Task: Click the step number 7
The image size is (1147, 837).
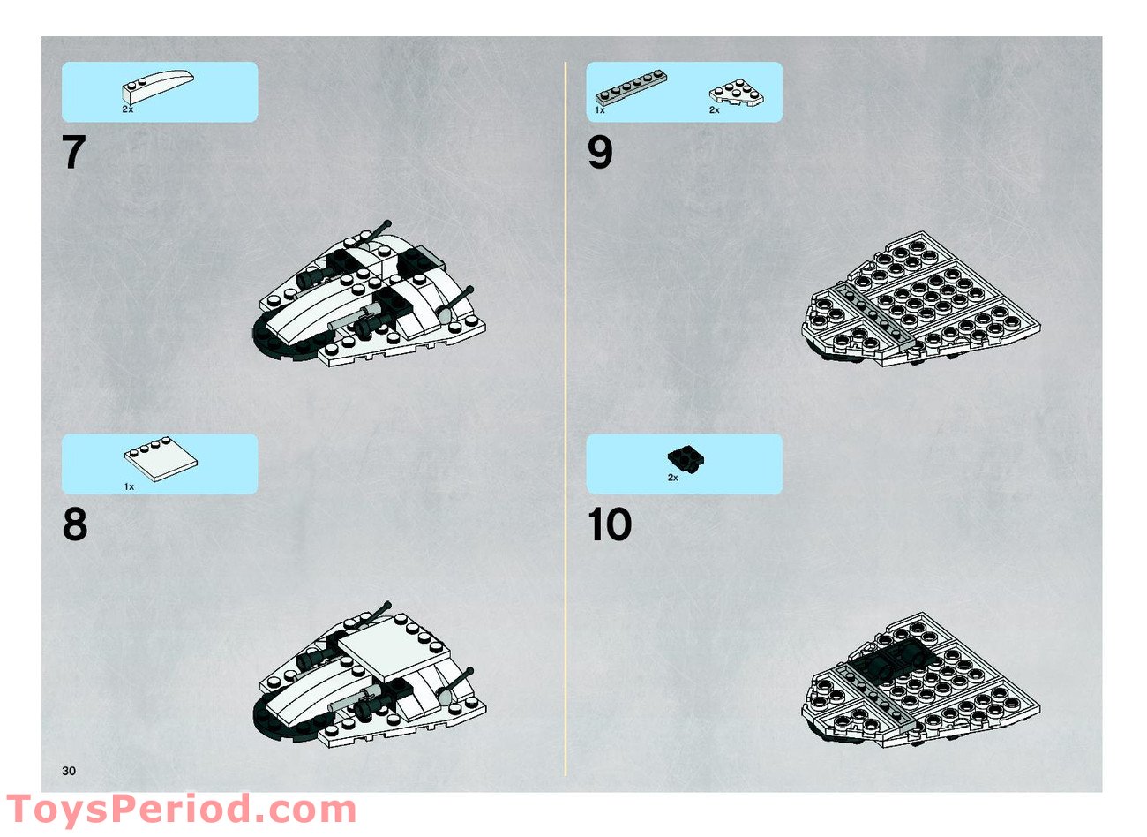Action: (74, 152)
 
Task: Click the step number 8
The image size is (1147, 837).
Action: (75, 524)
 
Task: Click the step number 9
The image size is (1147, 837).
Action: (600, 152)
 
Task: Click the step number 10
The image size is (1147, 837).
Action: (610, 524)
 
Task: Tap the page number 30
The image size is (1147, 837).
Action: (69, 772)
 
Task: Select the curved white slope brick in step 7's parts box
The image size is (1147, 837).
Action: (158, 87)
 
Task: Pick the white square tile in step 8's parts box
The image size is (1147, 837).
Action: (161, 459)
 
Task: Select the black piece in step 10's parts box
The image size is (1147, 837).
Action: (686, 457)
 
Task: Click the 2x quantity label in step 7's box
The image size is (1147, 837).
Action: (128, 109)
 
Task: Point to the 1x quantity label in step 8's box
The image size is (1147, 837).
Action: (129, 487)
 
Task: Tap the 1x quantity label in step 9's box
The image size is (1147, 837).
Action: (600, 110)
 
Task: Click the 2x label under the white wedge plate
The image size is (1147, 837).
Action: (715, 110)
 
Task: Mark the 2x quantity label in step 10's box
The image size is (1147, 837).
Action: (673, 478)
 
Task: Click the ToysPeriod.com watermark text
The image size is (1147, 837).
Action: (181, 810)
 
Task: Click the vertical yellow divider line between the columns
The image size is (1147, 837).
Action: (566, 418)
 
